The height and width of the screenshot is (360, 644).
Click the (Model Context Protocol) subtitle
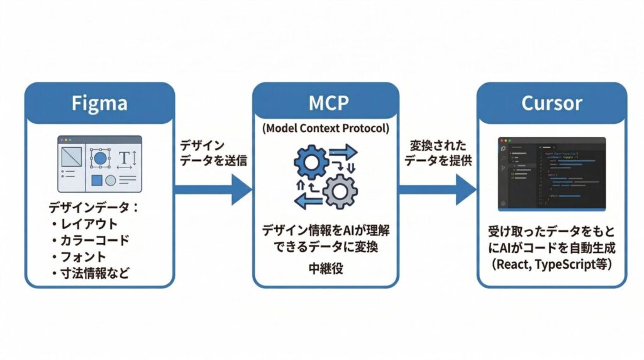coord(325,128)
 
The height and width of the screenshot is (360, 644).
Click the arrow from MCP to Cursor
coord(438,188)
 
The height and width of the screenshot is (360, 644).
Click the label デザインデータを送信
coord(213,153)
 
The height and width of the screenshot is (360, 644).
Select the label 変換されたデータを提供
coord(438,153)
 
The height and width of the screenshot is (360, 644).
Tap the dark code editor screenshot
coord(551,173)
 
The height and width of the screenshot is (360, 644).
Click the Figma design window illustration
coord(99,164)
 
